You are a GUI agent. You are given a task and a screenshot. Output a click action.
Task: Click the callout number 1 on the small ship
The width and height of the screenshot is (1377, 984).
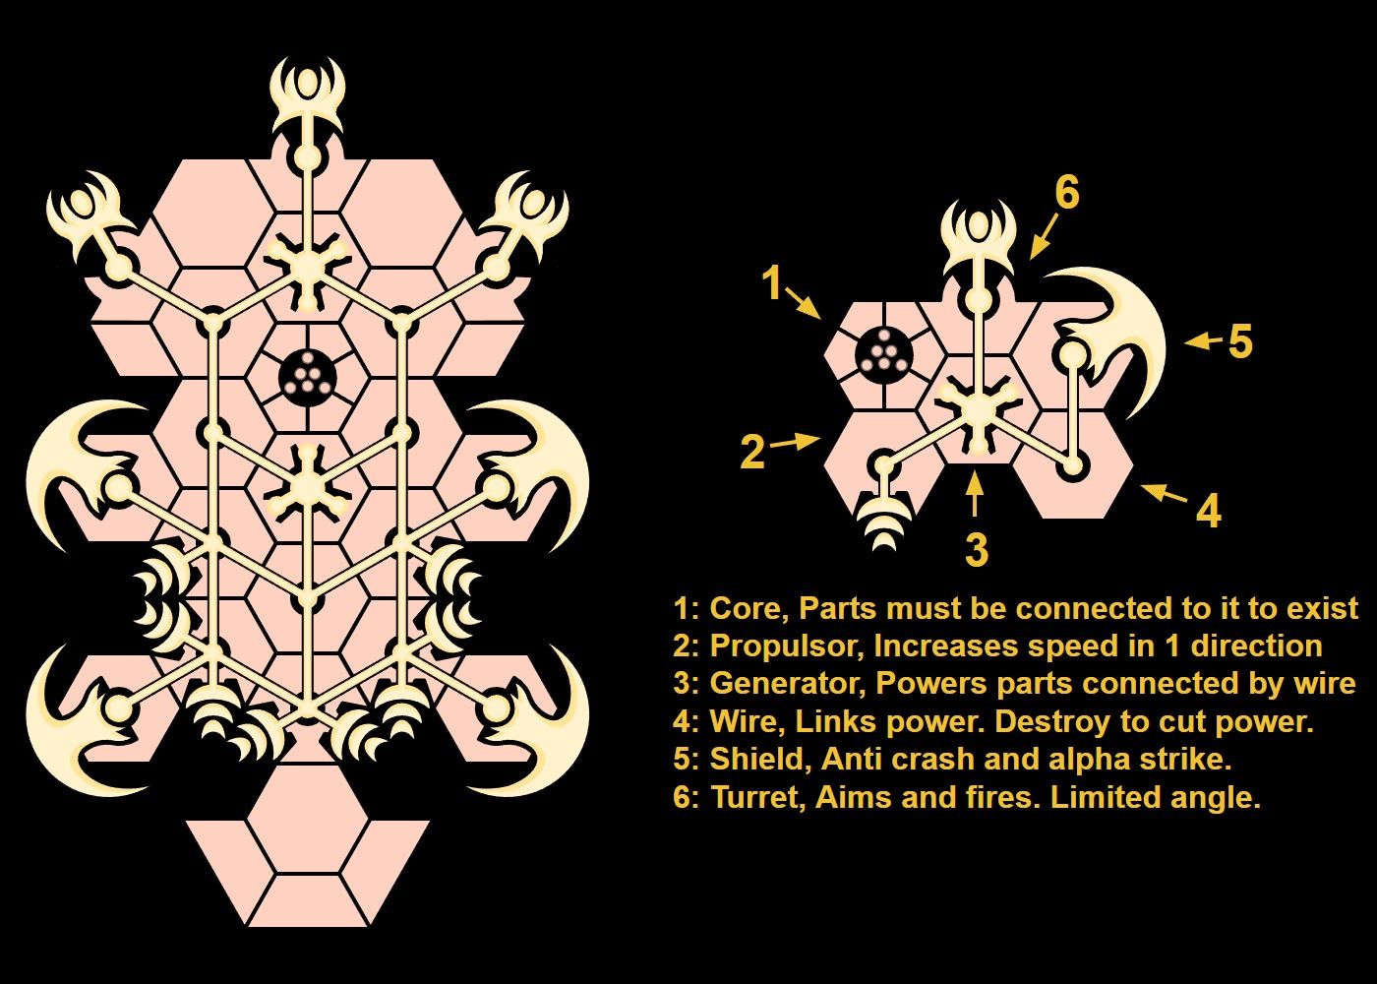coord(773,282)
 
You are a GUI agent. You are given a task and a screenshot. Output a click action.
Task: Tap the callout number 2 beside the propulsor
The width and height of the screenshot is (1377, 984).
coord(753,452)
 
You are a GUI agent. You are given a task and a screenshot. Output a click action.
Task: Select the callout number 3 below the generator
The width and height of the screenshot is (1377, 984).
coord(977,549)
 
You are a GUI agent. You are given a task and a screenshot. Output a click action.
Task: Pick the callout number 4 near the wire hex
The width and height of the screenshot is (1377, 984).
coord(1209,511)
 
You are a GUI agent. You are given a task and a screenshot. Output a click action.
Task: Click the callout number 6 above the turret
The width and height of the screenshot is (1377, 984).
coord(1067,193)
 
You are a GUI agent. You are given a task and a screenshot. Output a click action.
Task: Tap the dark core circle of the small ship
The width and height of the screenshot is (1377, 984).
coord(884,355)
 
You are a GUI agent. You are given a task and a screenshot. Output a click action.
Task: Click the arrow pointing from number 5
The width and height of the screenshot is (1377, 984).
coord(1204,340)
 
